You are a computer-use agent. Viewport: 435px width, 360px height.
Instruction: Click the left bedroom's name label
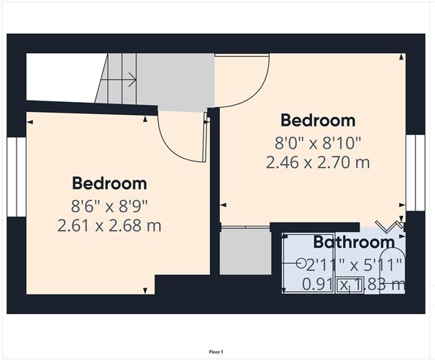[109, 183]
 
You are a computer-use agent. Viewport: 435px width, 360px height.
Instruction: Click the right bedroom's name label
[318, 120]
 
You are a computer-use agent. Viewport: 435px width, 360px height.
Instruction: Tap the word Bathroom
[353, 242]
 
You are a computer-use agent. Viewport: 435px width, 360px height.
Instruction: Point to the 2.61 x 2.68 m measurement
[109, 226]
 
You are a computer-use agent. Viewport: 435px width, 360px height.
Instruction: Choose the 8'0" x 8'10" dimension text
[318, 142]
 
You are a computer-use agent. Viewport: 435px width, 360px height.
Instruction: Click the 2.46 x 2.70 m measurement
[318, 163]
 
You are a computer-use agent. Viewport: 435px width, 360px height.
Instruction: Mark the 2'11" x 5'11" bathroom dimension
[354, 264]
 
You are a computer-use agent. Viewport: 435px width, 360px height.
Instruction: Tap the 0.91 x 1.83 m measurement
[353, 285]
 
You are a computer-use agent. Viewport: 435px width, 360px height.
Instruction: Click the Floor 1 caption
[216, 351]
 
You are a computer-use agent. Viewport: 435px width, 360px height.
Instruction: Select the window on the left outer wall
[12, 176]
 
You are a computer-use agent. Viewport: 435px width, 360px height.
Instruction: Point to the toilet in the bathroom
[394, 273]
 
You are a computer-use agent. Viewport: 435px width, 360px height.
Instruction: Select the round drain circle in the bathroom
[301, 263]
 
